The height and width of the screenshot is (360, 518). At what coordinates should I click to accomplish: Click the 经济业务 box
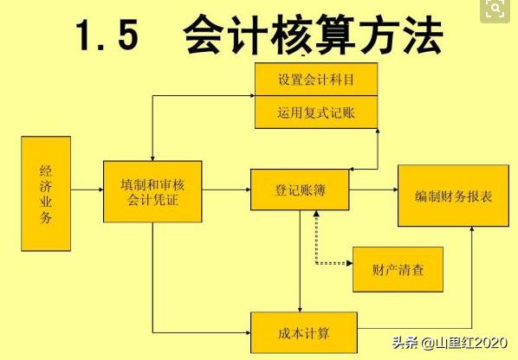46,194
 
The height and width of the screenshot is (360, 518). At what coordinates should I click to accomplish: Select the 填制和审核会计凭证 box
152,191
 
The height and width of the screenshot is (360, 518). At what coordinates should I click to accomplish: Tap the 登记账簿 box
300,190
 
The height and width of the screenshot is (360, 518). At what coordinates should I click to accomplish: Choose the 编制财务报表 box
453,196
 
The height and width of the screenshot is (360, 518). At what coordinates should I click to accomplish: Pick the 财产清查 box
398,270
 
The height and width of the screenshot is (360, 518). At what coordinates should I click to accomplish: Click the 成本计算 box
304,332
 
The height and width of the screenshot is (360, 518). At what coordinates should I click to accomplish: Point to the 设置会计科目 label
316,80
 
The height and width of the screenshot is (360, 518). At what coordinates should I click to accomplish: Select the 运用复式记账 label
316,112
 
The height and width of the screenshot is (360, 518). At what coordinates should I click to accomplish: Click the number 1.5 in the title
107,35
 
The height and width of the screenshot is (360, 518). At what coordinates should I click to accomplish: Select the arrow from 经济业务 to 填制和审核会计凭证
87,190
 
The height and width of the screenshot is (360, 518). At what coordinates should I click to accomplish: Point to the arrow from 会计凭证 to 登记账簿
226,190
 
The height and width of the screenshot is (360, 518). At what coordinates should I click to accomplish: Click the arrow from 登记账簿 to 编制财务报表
373,190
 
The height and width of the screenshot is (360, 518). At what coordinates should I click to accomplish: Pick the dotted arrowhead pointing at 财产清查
349,263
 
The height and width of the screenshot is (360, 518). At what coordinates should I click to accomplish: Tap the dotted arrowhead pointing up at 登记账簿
316,214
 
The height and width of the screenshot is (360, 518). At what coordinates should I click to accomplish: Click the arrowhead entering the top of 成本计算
300,310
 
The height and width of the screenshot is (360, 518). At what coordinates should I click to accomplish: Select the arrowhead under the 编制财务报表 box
472,228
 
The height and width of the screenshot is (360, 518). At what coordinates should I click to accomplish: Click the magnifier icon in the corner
495,9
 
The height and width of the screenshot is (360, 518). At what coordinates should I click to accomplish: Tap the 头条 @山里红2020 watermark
450,343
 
